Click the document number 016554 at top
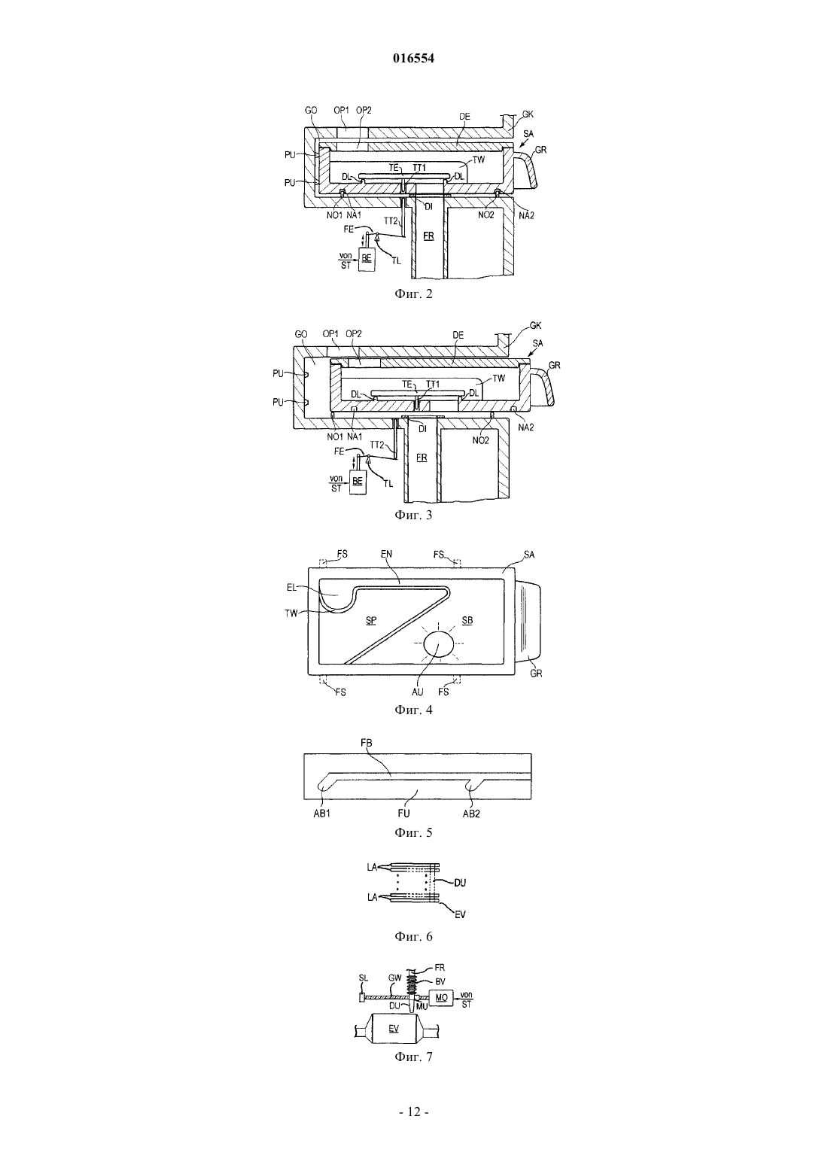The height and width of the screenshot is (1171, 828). pyautogui.click(x=413, y=59)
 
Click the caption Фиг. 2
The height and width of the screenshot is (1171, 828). pyautogui.click(x=413, y=294)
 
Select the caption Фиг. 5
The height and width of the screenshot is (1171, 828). pyautogui.click(x=413, y=832)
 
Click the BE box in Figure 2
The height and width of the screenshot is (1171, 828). pyautogui.click(x=366, y=257)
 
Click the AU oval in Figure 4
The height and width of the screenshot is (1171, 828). pyautogui.click(x=438, y=645)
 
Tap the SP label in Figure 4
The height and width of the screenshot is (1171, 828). pyautogui.click(x=371, y=621)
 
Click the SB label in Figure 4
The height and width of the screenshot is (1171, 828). pyautogui.click(x=467, y=620)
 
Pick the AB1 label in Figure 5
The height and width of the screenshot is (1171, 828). pyautogui.click(x=321, y=814)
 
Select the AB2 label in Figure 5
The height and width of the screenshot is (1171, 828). pyautogui.click(x=471, y=814)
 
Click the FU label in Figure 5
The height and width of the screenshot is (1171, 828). pyautogui.click(x=403, y=814)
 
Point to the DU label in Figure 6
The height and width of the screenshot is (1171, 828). pyautogui.click(x=459, y=883)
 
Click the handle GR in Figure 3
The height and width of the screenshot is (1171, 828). pyautogui.click(x=543, y=386)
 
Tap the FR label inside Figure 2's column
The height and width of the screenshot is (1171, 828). pyautogui.click(x=428, y=236)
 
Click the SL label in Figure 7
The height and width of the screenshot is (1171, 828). pyautogui.click(x=364, y=978)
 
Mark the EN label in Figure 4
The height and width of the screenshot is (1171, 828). pyautogui.click(x=386, y=554)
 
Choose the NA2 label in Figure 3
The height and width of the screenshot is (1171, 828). pyautogui.click(x=526, y=427)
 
